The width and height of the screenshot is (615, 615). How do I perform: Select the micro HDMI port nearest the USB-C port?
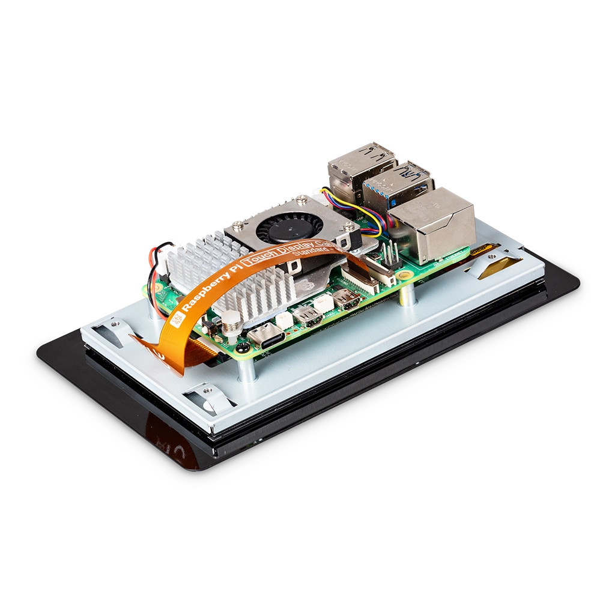[306, 315]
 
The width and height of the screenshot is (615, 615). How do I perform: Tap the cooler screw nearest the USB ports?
[349, 226]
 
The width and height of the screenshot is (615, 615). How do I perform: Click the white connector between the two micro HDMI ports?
[324, 304]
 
